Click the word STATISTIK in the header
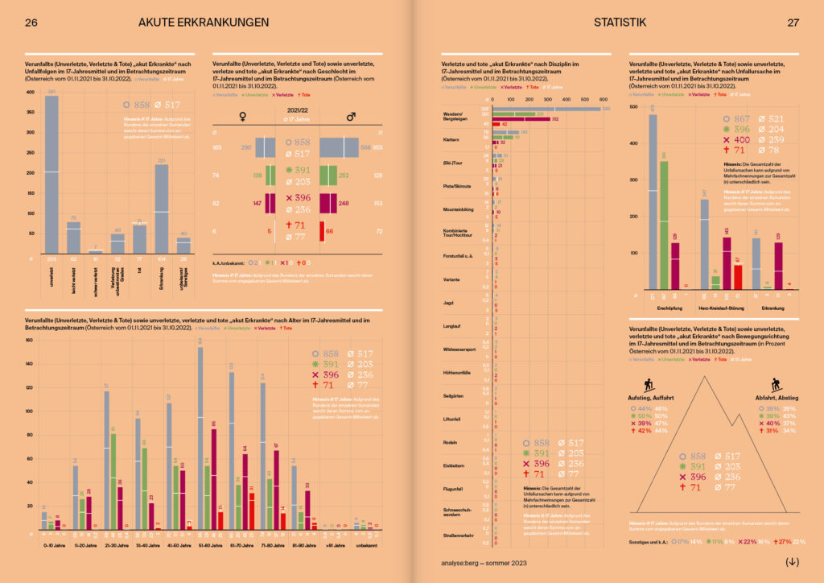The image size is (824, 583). click(x=620, y=23)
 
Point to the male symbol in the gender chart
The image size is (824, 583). click(x=351, y=118)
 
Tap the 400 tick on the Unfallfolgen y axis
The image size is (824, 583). click(x=30, y=92)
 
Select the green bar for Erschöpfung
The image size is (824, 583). click(x=664, y=225)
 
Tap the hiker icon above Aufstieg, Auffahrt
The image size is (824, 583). click(x=649, y=385)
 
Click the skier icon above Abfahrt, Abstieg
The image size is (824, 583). click(x=777, y=385)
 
